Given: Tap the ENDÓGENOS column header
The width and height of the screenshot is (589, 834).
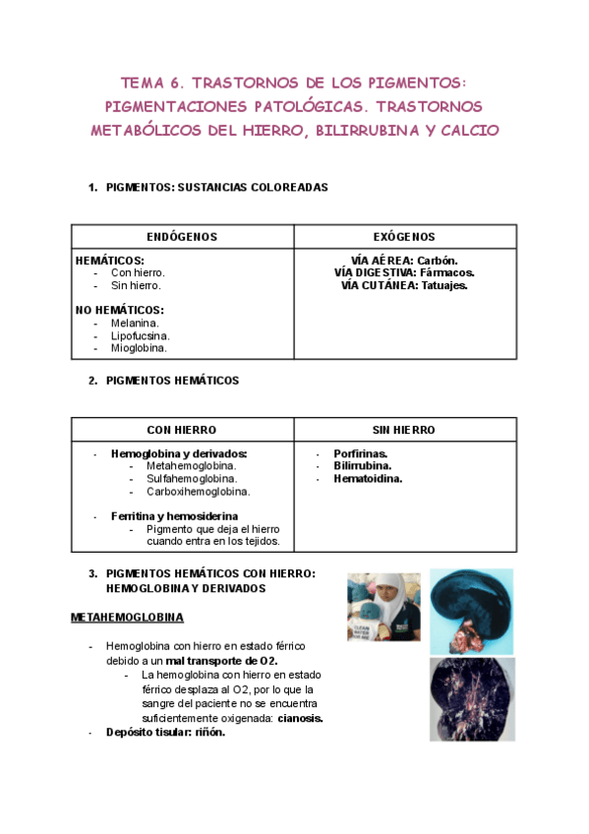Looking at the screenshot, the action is click(182, 237).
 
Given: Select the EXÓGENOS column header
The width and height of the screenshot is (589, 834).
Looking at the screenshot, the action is click(404, 237).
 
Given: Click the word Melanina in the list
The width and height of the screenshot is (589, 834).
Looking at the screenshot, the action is click(135, 323).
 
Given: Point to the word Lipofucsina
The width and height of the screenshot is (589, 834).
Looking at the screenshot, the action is click(140, 335).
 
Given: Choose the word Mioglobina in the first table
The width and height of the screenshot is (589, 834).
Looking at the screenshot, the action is click(139, 347).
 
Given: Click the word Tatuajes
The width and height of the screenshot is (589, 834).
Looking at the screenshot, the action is click(444, 285).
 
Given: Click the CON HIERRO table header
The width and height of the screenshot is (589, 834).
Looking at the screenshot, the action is click(182, 430).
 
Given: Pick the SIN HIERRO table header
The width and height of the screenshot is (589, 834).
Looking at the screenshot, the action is click(404, 430).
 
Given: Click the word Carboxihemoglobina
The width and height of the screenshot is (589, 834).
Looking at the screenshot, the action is click(198, 491).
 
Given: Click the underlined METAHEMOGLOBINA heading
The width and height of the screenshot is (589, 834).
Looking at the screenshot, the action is click(127, 618).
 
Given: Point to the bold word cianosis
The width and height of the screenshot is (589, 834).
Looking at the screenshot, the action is click(300, 718).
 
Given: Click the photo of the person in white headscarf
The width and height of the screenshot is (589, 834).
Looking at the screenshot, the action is click(383, 607).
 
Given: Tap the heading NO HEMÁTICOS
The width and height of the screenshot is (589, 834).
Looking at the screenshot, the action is click(119, 310).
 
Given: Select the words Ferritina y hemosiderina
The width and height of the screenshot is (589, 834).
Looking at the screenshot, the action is click(174, 515).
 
